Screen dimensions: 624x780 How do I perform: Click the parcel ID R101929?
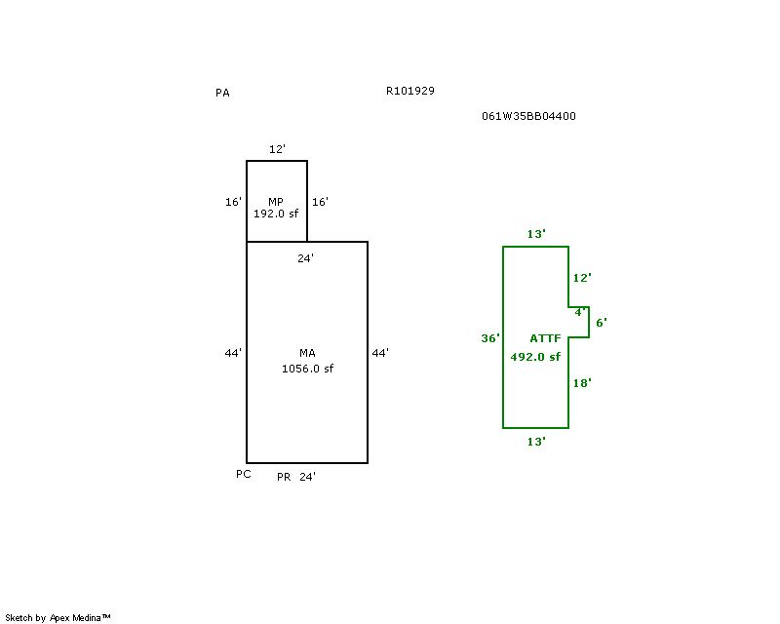(x=409, y=91)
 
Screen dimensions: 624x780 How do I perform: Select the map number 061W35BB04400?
(x=528, y=116)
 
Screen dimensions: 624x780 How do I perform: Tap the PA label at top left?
(x=222, y=94)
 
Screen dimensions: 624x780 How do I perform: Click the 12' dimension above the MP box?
(x=277, y=149)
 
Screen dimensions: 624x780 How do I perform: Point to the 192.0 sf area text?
(x=276, y=213)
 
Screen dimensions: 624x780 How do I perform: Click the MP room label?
(x=276, y=201)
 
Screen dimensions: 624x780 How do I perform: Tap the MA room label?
(x=307, y=352)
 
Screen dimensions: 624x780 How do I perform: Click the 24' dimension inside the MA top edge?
(x=305, y=258)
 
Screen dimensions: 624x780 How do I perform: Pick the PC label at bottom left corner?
(x=244, y=474)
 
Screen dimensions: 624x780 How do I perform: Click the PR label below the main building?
(x=284, y=477)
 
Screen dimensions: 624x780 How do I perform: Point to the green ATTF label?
(x=545, y=338)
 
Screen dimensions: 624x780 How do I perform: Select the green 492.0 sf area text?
(x=535, y=357)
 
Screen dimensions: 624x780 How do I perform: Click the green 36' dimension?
(x=490, y=338)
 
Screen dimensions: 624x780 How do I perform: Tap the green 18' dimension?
(x=582, y=383)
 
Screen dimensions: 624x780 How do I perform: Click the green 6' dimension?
(x=602, y=322)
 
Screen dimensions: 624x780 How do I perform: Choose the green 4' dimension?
(x=580, y=312)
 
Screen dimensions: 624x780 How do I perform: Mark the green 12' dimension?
(x=582, y=278)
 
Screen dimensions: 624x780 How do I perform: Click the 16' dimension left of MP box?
(x=233, y=202)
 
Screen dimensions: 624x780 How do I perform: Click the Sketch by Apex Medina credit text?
(x=58, y=618)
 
